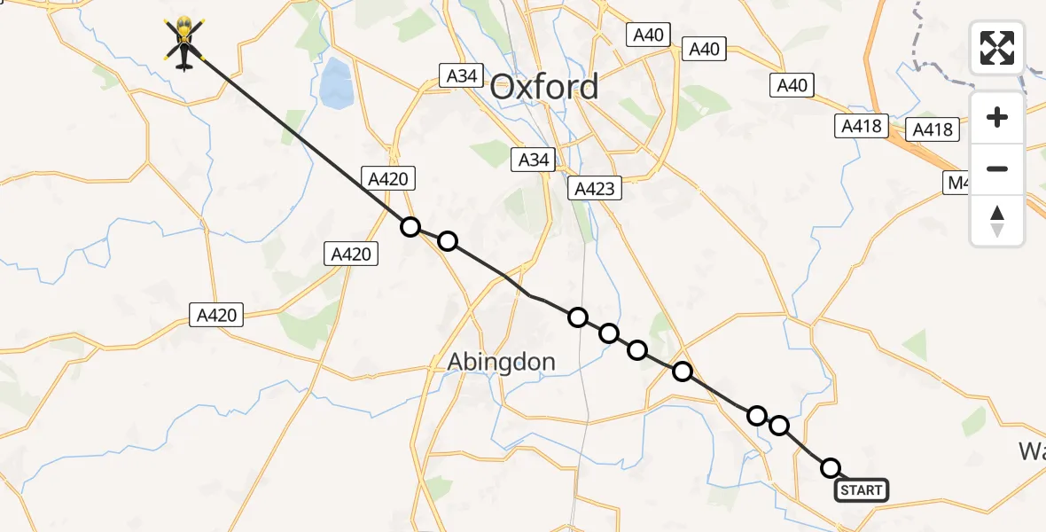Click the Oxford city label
(x=544, y=87)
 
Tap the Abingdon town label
(x=501, y=362)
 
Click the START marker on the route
(x=861, y=490)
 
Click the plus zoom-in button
(x=997, y=118)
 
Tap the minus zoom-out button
(x=997, y=168)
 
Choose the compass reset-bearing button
(x=997, y=220)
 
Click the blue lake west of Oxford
(x=335, y=82)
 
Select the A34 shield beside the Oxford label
(x=462, y=76)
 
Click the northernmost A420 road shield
(x=387, y=179)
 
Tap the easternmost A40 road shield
(x=792, y=85)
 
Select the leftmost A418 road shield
(x=861, y=126)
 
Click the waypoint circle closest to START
(x=831, y=467)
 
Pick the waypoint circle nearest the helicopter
(x=410, y=227)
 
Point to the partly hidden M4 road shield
(x=956, y=183)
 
